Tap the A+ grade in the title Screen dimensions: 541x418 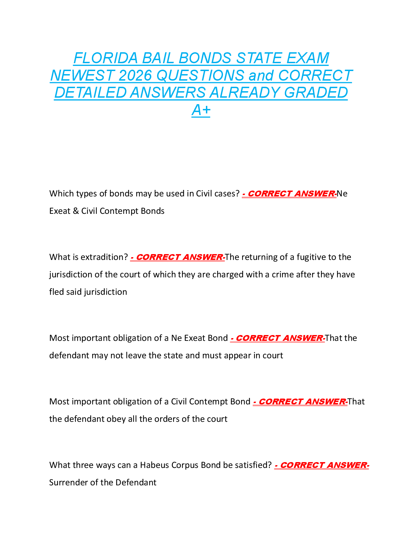coord(201,110)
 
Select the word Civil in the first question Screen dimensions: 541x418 coord(204,194)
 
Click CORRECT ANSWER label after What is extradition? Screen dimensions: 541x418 coord(178,257)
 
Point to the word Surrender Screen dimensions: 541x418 coord(68,483)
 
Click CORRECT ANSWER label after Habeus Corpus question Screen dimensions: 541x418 coord(322,465)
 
